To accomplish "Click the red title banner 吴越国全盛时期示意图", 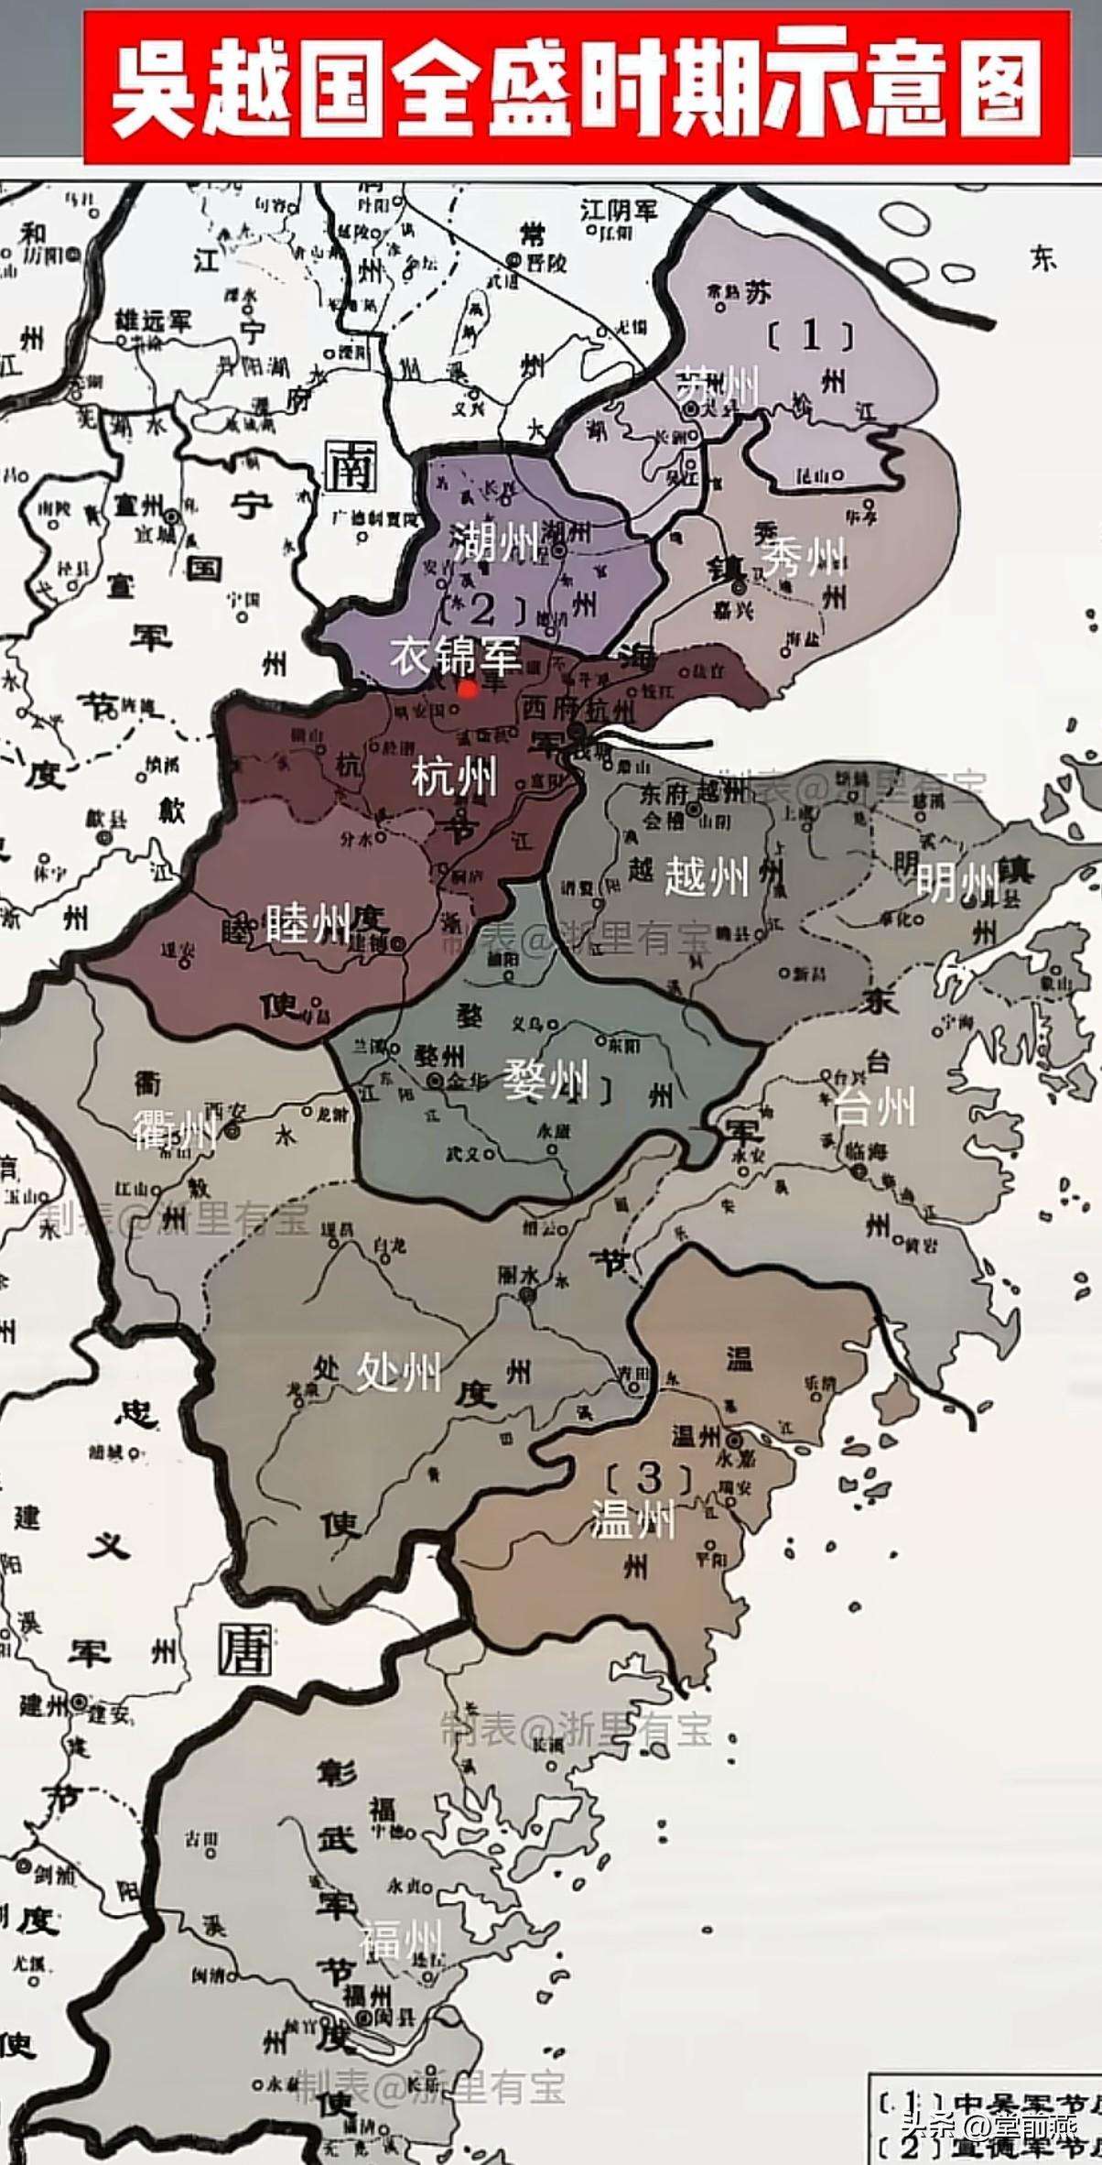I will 577,90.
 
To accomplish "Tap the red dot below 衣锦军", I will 468,689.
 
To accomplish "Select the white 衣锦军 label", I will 456,656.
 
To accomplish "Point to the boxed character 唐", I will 245,1648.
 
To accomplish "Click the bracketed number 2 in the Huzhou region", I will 482,610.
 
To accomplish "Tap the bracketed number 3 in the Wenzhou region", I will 648,1477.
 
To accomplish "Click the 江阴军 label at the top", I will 620,211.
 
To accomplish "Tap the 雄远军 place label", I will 153,321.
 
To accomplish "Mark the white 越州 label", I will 707,876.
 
